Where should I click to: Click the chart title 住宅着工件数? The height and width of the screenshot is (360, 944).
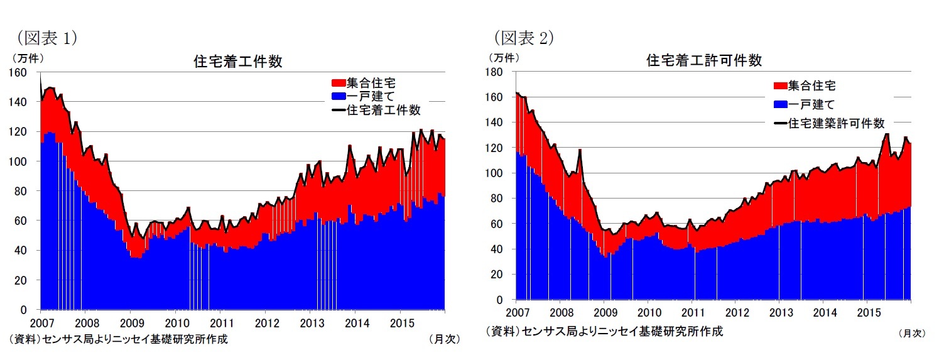coord(237,62)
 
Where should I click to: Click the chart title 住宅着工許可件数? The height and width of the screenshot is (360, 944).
coord(704,60)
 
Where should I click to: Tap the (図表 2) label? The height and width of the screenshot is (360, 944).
coord(523,38)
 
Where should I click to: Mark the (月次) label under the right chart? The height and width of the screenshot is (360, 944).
coord(911,334)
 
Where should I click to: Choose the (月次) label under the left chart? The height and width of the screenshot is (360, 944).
coord(444,339)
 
